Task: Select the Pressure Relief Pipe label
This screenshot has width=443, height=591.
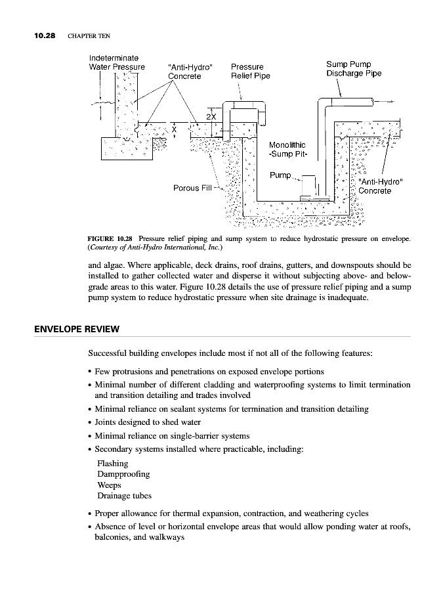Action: (x=250, y=71)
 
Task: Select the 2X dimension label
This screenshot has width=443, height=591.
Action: (x=211, y=116)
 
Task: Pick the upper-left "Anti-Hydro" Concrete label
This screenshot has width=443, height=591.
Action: (x=191, y=71)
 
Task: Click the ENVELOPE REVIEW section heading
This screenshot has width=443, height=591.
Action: (x=77, y=328)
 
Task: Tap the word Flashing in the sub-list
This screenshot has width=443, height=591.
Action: (x=112, y=464)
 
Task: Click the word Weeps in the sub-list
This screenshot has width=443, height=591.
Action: (x=109, y=485)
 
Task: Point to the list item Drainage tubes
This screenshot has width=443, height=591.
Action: (x=124, y=495)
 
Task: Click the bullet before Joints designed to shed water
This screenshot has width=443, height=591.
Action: (x=89, y=422)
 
